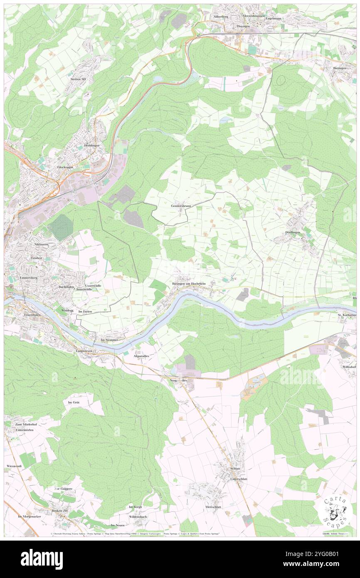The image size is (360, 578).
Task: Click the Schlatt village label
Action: click(x=235, y=468)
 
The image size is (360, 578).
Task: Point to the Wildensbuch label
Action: click(x=138, y=516)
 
